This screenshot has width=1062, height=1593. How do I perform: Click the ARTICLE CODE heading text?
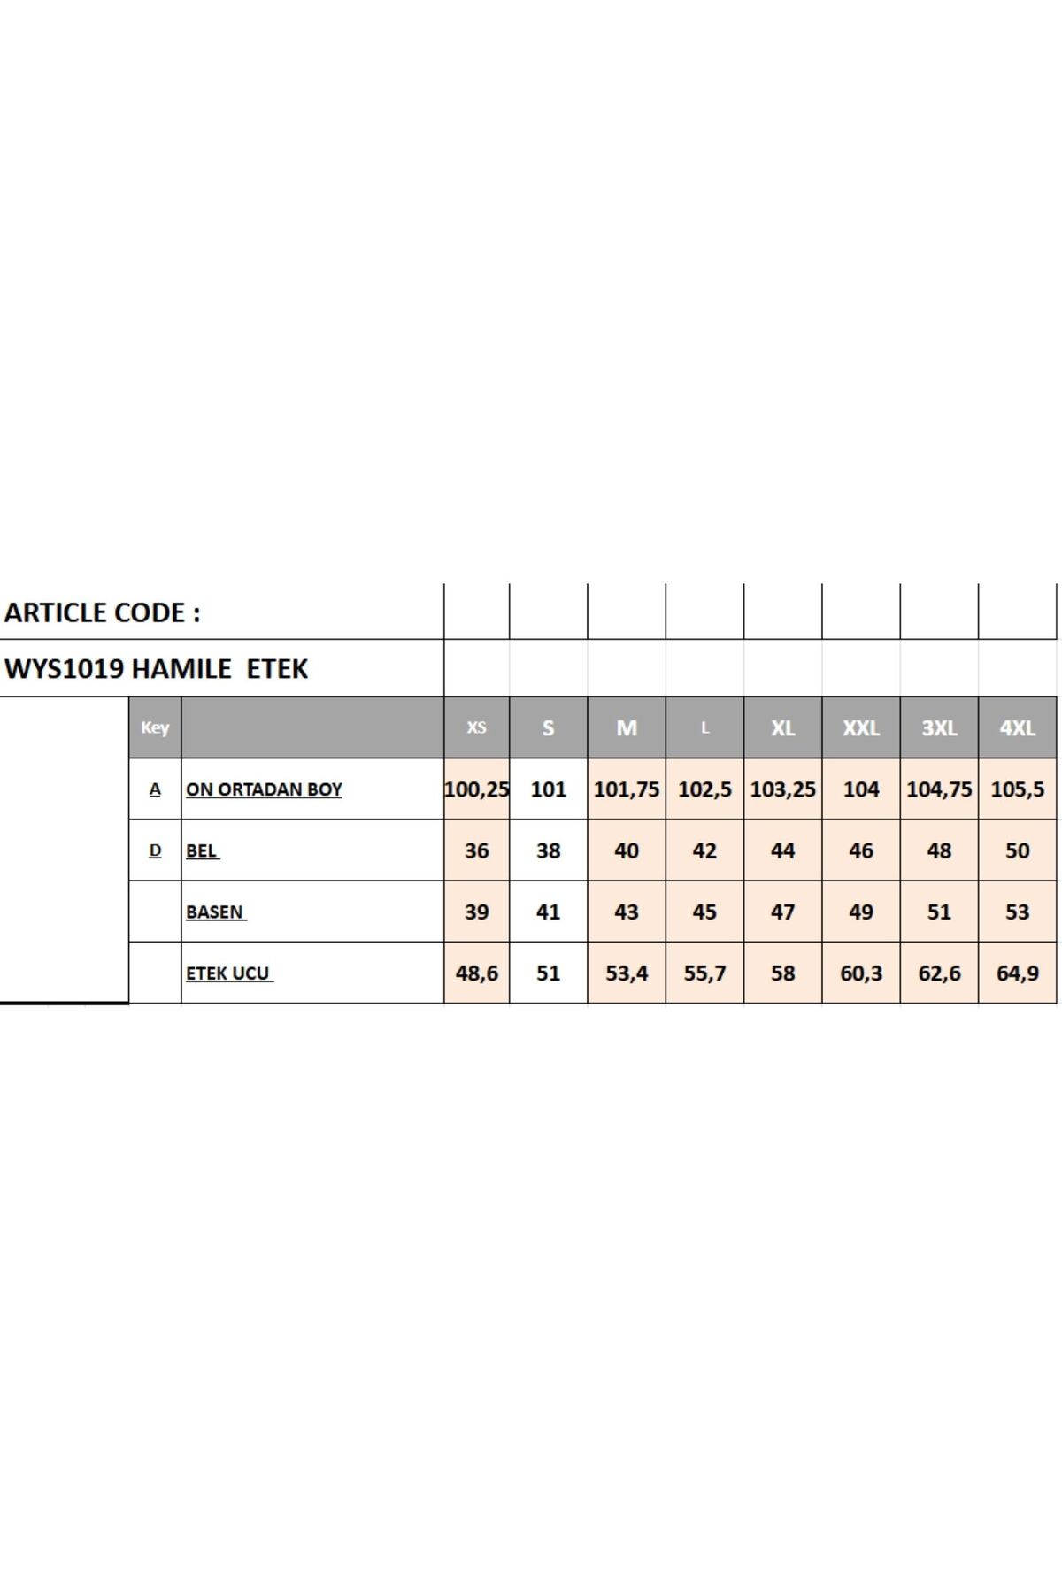[103, 612]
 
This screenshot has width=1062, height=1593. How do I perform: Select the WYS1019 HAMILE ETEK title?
[157, 669]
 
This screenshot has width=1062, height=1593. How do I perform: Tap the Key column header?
[155, 727]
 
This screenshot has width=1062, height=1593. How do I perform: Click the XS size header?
[476, 727]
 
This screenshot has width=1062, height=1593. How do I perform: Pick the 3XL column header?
[939, 728]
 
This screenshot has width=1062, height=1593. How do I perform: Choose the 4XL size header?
[1017, 728]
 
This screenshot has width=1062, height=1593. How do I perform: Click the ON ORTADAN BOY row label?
[264, 789]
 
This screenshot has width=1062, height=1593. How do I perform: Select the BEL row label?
[202, 850]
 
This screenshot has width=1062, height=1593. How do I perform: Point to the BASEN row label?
[215, 912]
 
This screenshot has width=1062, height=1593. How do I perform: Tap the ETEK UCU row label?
[228, 973]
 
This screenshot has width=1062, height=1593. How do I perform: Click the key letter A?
[155, 789]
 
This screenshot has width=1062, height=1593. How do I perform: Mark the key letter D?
[155, 850]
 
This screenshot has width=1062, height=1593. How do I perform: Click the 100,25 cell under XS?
[476, 789]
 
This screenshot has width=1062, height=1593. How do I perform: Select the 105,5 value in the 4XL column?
[1017, 789]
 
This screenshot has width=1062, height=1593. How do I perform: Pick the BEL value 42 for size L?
[704, 850]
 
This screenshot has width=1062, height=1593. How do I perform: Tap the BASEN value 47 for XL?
[782, 912]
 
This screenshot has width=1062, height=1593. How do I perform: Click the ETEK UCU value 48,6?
[476, 973]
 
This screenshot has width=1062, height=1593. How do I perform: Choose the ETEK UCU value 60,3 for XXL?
[861, 973]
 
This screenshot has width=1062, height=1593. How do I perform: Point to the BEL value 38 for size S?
[548, 850]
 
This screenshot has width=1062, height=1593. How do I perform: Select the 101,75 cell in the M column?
[627, 789]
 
